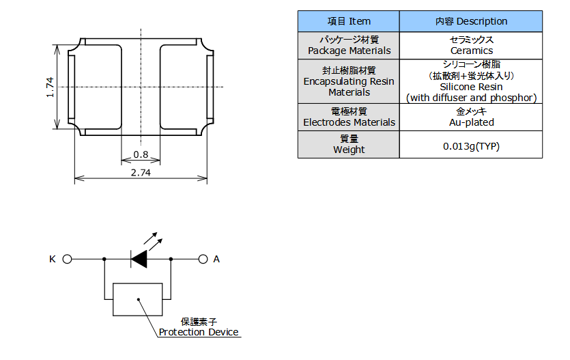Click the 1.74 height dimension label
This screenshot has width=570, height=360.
[x=50, y=87]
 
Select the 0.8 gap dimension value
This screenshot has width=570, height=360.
[x=141, y=154]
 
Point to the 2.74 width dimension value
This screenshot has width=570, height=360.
[x=141, y=173]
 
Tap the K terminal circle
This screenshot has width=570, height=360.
[x=68, y=260]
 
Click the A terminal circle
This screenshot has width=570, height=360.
[x=203, y=260]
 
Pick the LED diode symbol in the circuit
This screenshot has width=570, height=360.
[x=139, y=260]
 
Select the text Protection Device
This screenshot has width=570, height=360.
[x=199, y=332]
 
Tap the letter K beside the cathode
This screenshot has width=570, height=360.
[x=53, y=260]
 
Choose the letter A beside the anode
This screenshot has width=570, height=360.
[x=216, y=260]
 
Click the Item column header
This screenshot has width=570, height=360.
[x=349, y=21]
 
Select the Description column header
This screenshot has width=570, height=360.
[x=471, y=21]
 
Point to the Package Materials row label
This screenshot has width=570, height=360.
[x=349, y=46]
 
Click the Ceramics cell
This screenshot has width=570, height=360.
[x=471, y=46]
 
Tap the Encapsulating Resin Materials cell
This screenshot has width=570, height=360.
[x=349, y=81]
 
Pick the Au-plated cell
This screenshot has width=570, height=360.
[x=471, y=117]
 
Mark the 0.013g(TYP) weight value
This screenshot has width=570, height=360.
[x=471, y=146]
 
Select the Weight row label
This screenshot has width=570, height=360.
[x=349, y=144]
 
